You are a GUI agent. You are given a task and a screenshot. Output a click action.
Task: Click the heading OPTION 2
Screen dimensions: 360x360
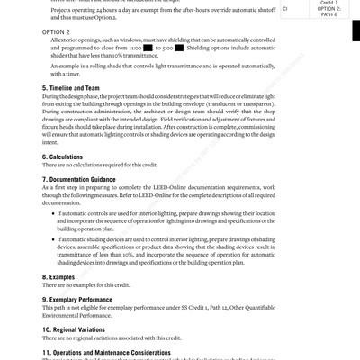59,31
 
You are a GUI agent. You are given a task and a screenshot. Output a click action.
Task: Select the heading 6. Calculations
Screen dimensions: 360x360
68,157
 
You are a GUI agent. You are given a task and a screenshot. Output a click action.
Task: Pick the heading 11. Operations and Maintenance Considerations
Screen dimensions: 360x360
118,351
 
